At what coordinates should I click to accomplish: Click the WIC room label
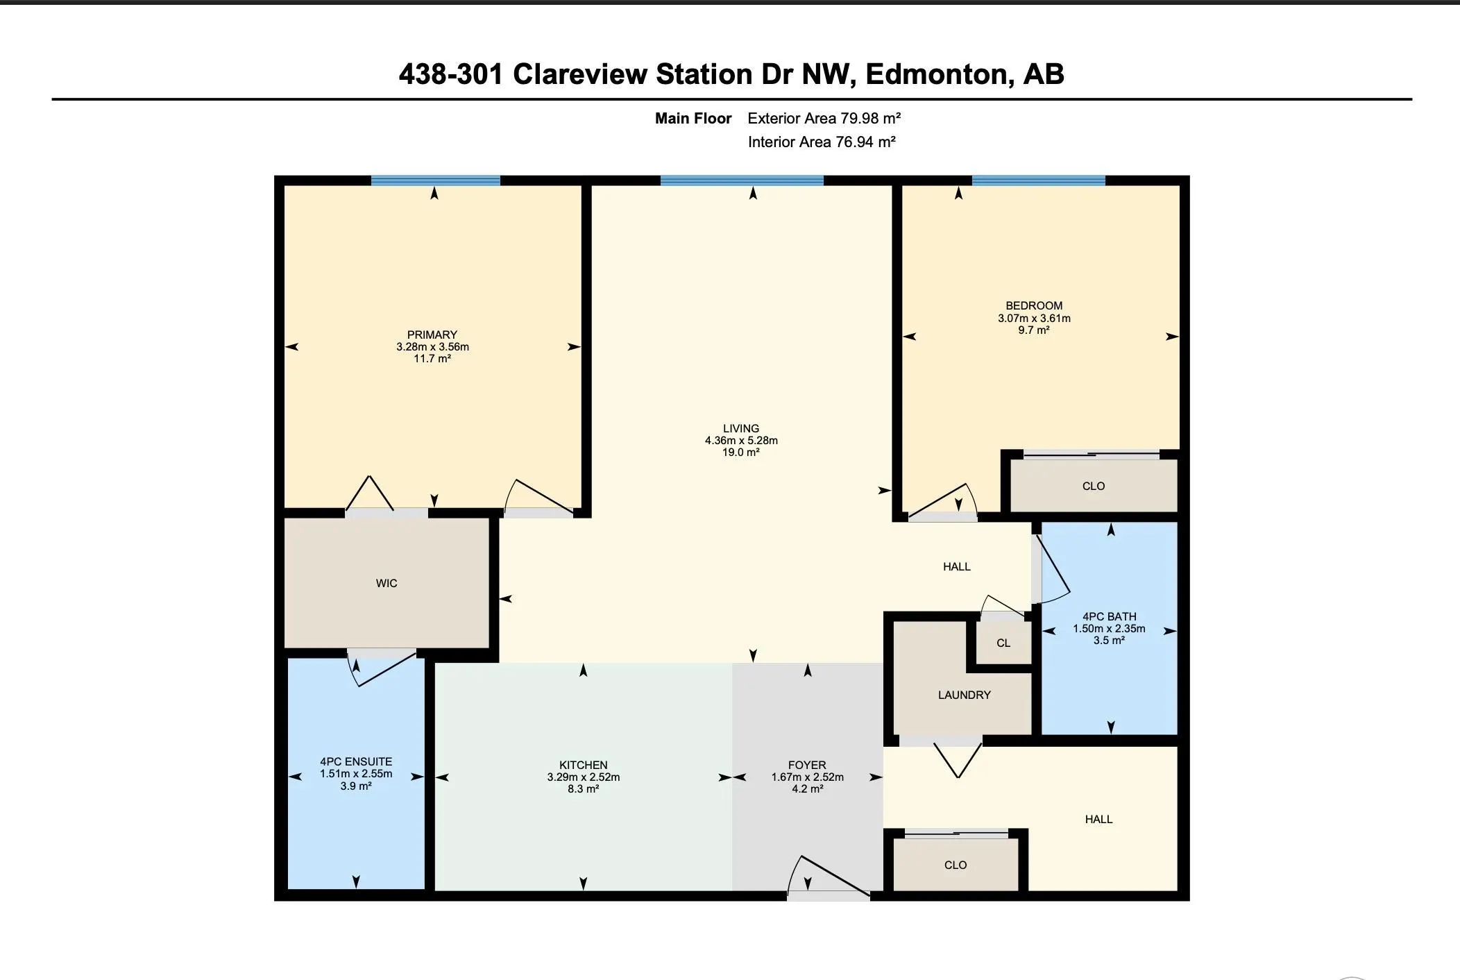pos(387,584)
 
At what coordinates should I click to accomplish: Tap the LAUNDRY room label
pos(964,695)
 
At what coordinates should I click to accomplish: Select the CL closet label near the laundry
pos(1003,643)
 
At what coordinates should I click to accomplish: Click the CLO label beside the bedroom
pos(1094,487)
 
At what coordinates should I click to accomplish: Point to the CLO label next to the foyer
pos(956,865)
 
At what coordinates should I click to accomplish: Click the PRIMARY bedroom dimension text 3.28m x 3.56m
pos(432,347)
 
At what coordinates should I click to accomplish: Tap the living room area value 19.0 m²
pos(741,453)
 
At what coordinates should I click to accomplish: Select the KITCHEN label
pos(584,766)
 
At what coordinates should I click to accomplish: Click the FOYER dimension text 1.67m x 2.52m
pos(808,777)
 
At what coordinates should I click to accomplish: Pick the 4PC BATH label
pos(1109,616)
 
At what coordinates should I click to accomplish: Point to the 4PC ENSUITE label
pos(356,762)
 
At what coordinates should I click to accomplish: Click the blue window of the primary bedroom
pos(436,181)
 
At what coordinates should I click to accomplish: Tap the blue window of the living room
pos(742,181)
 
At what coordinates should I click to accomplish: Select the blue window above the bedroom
pos(1039,181)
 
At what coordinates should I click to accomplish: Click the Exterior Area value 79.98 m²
pos(871,118)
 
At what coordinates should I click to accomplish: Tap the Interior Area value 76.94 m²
pos(866,142)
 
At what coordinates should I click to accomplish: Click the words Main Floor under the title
pos(693,119)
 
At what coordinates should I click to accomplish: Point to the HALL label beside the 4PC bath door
pos(957,567)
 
